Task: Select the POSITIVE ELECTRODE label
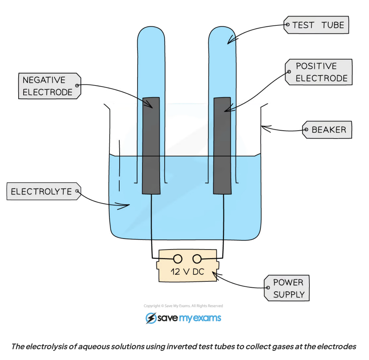click(319, 72)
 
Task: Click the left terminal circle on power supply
click(178, 259)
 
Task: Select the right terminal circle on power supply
click(197, 259)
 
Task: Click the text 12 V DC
click(187, 272)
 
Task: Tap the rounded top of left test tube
click(151, 32)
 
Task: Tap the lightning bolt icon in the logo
click(150, 318)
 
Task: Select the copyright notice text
click(183, 306)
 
